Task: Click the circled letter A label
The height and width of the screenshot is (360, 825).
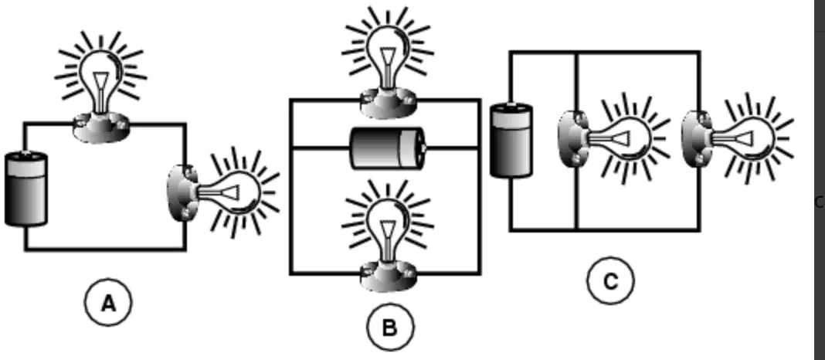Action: tap(108, 302)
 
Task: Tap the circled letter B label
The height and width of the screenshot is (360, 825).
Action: tap(390, 328)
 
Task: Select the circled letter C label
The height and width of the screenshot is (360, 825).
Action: tap(610, 281)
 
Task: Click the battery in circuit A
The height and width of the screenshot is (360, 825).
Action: tap(25, 188)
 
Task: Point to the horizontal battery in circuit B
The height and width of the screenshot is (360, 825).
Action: tap(389, 148)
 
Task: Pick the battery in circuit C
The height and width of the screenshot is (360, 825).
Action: tap(511, 140)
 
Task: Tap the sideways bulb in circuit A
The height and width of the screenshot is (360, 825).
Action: tap(223, 192)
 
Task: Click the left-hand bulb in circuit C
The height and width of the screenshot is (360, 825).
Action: tap(614, 138)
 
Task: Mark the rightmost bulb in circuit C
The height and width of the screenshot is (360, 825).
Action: tap(738, 138)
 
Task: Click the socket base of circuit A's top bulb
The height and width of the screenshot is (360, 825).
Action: tap(101, 127)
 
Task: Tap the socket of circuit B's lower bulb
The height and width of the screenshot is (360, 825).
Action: tap(389, 277)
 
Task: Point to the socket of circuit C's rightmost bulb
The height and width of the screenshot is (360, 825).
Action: tap(697, 138)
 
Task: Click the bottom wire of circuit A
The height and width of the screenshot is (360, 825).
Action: tap(105, 249)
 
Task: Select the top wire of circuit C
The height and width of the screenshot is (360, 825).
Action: tap(605, 52)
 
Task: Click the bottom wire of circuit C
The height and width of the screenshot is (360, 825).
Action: tap(605, 229)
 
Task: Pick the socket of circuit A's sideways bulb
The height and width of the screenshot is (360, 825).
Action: tap(182, 192)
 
